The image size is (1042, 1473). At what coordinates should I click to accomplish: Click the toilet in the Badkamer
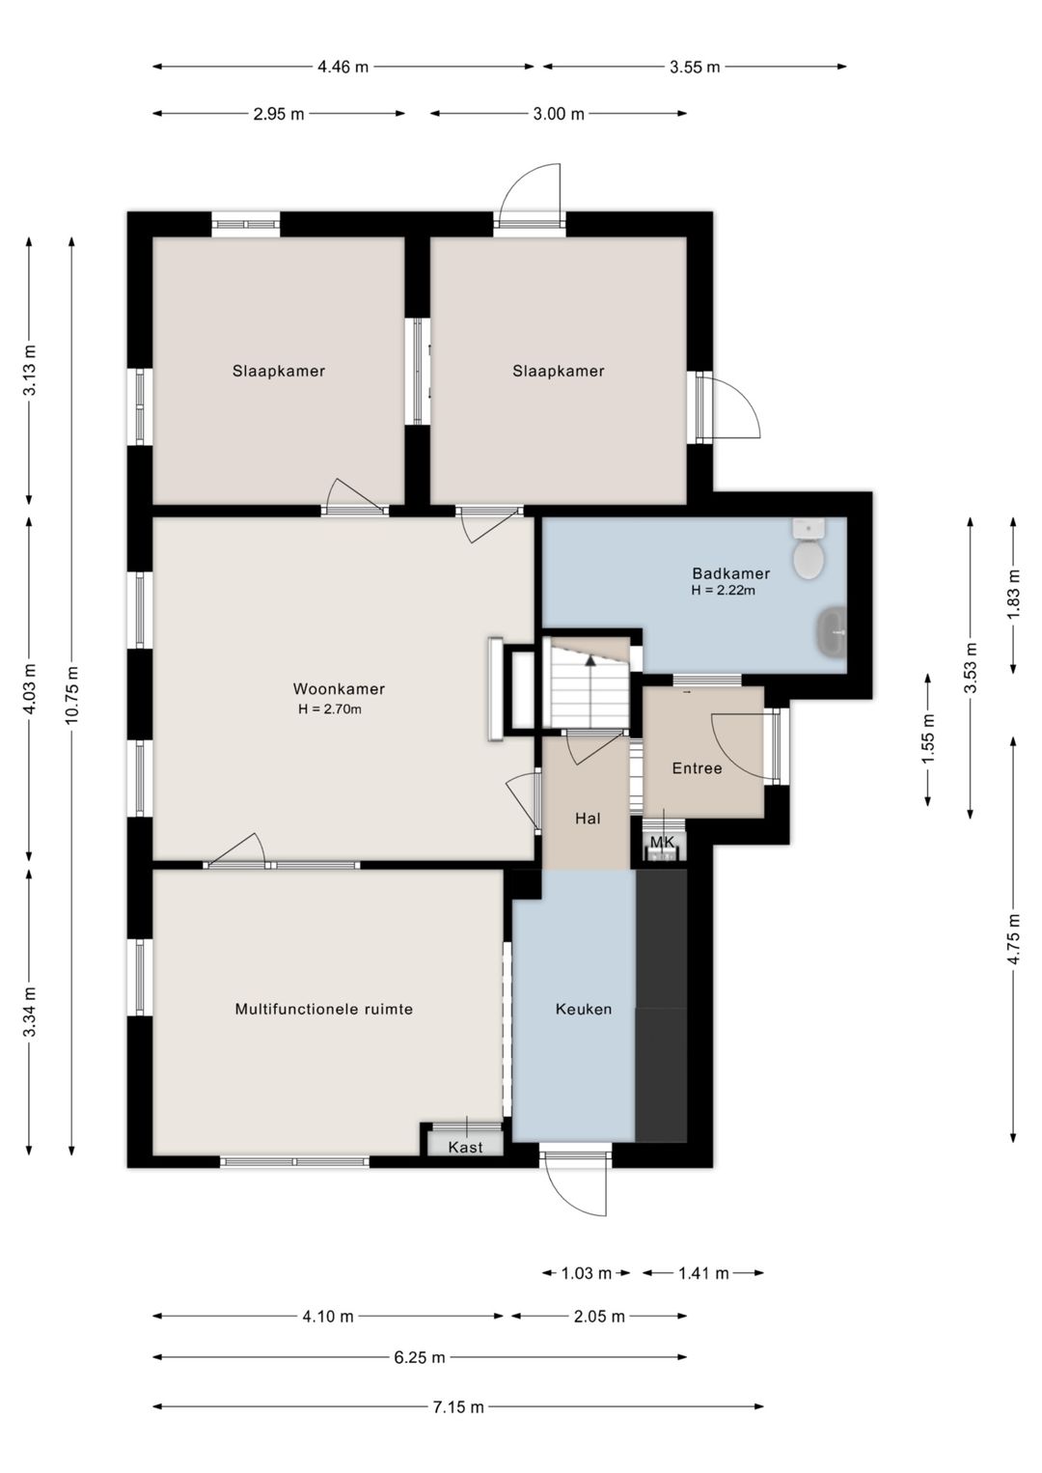[809, 549]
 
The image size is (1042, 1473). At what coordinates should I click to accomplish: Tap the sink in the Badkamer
[832, 631]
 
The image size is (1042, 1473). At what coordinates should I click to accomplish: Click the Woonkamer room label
[339, 689]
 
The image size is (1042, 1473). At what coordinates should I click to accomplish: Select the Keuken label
[583, 1010]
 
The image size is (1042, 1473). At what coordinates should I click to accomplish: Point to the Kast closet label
[465, 1147]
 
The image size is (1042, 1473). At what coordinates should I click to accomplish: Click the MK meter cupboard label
[662, 842]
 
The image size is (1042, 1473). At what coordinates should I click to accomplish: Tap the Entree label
[697, 768]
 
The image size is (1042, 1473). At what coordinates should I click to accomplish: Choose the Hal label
[588, 819]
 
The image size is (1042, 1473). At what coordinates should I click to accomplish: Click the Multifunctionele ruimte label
[324, 1009]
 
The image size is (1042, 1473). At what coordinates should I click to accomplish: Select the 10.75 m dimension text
[71, 694]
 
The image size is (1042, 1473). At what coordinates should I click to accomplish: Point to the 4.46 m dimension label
[343, 67]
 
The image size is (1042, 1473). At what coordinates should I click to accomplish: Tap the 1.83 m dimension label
[1013, 593]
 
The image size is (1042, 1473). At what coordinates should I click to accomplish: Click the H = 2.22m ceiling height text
[723, 591]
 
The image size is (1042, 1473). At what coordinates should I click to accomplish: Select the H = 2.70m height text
[329, 709]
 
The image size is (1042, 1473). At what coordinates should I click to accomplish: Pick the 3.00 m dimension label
[558, 114]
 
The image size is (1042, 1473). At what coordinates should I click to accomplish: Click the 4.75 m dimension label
[1013, 939]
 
